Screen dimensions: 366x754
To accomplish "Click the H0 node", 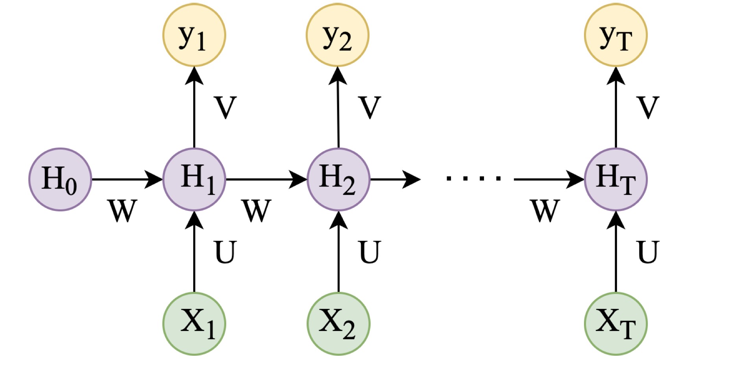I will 60,179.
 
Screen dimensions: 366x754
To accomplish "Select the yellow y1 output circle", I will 194,35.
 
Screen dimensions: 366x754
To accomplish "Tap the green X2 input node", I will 338,324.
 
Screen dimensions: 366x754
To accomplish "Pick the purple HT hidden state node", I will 615,179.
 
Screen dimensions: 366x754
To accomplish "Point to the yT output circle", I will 615,35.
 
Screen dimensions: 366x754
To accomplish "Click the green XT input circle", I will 615,324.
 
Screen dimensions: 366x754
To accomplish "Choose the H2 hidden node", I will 338,179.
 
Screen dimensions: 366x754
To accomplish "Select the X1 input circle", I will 194,324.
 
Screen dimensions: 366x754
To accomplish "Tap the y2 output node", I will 338,35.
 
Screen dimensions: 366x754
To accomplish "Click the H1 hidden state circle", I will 194,179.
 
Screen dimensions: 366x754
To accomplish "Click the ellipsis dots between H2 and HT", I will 474,179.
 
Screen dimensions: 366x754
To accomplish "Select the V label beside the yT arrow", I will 648,107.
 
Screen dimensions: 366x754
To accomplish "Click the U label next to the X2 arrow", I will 370,252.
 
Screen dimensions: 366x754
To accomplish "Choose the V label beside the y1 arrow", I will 225,107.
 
